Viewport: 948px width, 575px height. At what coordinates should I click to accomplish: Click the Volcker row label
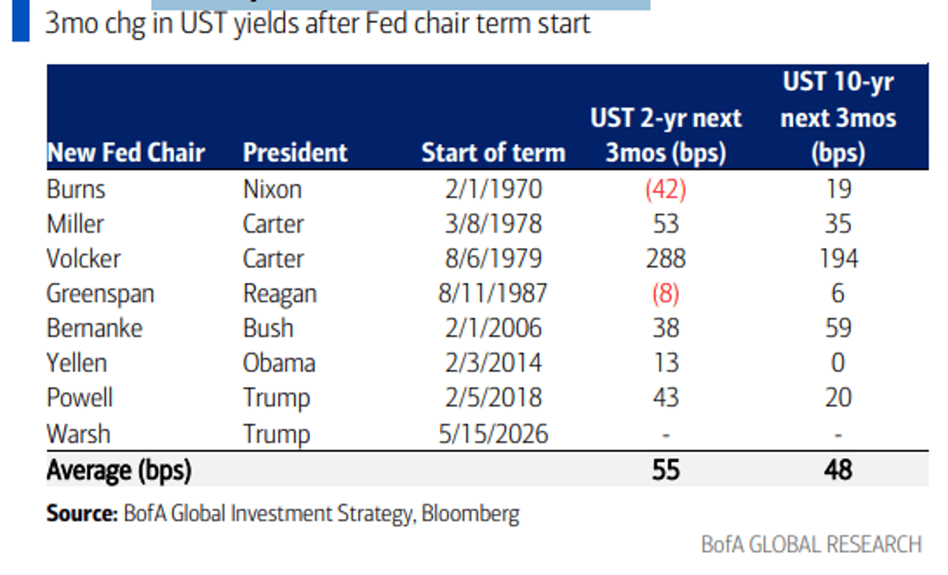[x=84, y=258]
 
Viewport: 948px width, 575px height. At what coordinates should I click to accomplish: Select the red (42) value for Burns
[x=665, y=190]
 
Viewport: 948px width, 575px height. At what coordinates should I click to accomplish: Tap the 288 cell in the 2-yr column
[x=665, y=258]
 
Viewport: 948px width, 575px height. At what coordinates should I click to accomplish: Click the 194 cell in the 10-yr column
[x=837, y=258]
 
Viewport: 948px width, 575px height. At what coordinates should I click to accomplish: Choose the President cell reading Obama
[x=279, y=363]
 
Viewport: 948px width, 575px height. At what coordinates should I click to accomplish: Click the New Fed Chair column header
[x=126, y=152]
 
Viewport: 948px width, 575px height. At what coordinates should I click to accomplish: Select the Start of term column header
[x=494, y=152]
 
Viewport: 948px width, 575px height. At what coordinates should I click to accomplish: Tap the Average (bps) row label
[x=118, y=470]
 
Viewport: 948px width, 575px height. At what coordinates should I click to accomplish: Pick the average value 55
[x=665, y=470]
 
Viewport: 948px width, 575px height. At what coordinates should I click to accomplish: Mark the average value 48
[x=837, y=470]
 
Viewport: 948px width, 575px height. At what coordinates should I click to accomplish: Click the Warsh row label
[x=78, y=434]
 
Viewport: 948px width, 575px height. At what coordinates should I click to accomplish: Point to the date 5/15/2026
[x=494, y=434]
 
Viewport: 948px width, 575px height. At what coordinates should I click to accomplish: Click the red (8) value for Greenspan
[x=665, y=293]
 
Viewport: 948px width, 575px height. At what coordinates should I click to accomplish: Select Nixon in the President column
[x=272, y=190]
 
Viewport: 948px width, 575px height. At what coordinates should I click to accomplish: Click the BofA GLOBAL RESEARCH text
[x=811, y=544]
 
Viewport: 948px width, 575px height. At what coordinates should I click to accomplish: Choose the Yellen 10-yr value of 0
[x=837, y=363]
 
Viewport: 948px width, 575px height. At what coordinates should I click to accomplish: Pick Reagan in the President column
[x=280, y=293]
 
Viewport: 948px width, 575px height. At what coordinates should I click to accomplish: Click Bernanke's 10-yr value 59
[x=837, y=328]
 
